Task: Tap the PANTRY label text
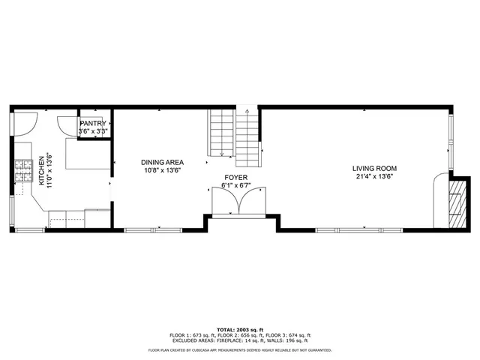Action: (94, 123)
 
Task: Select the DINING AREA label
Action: (163, 162)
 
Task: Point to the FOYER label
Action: (235, 178)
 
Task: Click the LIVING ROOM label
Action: (375, 168)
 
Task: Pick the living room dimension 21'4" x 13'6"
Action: (375, 177)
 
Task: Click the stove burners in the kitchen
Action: (20, 172)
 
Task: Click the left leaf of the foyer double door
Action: (223, 202)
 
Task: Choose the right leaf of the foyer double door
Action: (249, 202)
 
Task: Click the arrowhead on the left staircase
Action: (223, 154)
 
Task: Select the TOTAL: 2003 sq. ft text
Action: (239, 330)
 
